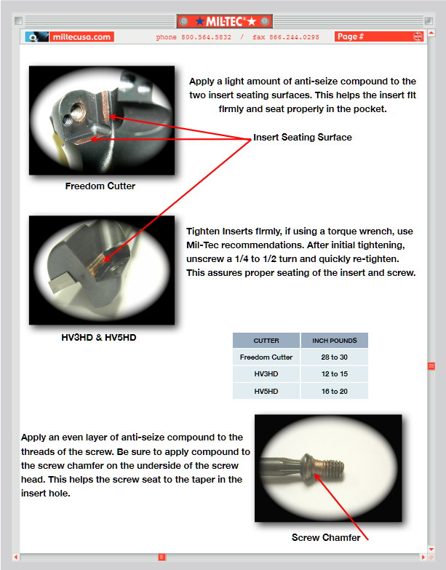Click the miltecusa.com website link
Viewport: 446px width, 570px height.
[81, 36]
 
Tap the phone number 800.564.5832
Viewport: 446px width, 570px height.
[206, 37]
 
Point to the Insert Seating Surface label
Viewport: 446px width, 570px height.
[302, 138]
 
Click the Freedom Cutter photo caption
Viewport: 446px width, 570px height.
[100, 186]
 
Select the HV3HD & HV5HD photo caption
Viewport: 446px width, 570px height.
[99, 338]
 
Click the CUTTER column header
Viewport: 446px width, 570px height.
[266, 341]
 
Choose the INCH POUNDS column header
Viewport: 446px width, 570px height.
[334, 341]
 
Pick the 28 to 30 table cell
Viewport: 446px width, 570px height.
[334, 357]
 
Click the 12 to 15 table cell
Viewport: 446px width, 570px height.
[334, 374]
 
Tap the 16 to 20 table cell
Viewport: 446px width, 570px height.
[334, 391]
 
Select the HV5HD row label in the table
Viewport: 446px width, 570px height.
[266, 391]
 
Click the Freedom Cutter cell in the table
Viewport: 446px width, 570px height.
[266, 357]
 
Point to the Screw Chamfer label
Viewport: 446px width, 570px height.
[326, 537]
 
